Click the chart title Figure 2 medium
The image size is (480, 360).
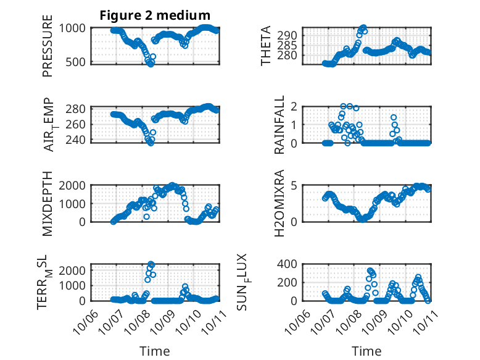[155, 15]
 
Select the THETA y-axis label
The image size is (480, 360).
[266, 46]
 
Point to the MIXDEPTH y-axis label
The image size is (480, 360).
[48, 203]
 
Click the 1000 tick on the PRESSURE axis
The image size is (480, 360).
[76, 28]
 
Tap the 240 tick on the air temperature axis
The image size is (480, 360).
[79, 140]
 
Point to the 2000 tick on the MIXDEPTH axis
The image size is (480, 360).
[76, 185]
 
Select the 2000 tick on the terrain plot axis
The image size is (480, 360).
[76, 270]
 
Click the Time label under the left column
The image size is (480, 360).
[155, 351]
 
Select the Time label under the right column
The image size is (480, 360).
[366, 351]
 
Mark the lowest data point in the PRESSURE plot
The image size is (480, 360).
[151, 64]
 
